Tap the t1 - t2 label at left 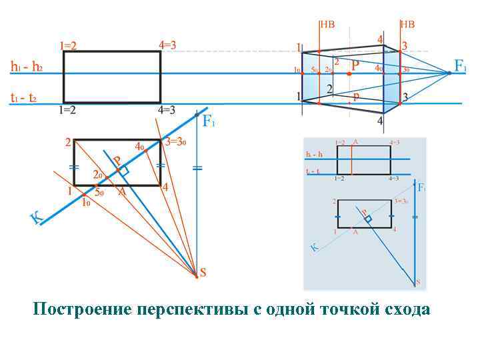point(23,98)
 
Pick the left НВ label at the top point(327,25)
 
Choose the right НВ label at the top point(407,25)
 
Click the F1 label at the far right point(461,65)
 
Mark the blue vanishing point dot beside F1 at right point(449,73)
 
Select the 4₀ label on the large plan point(140,146)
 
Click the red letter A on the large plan point(121,192)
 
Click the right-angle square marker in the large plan point(123,171)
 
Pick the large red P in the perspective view point(355,65)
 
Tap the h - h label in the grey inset point(315,154)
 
